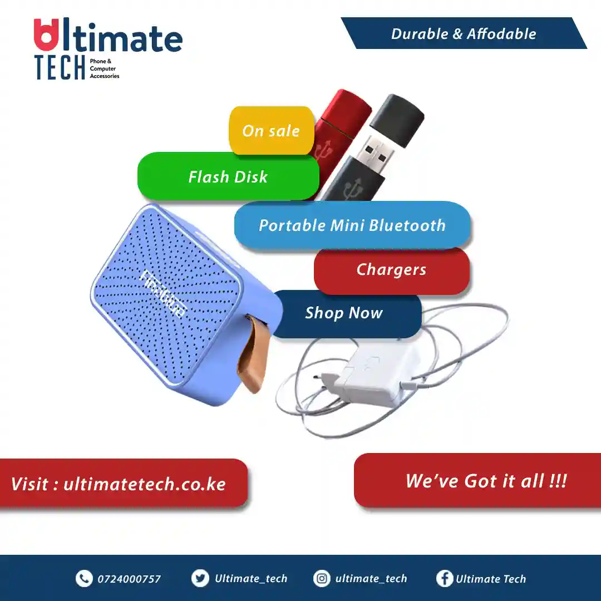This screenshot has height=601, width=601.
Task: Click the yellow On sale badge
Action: tap(272, 131)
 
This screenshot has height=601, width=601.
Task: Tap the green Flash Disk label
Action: tap(228, 176)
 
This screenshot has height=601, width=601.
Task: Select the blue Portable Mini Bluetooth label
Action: tap(352, 225)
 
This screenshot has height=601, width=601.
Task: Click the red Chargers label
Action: tap(391, 270)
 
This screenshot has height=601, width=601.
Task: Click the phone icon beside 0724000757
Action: tap(84, 578)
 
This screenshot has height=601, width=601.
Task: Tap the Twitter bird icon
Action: tap(200, 578)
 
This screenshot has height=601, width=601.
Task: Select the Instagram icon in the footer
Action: tap(322, 578)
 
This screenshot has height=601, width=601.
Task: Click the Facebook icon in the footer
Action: tap(445, 578)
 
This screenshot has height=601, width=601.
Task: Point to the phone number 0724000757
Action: tap(129, 579)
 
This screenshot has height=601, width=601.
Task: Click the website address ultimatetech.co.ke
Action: tap(145, 484)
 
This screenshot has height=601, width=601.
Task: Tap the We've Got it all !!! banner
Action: tap(477, 481)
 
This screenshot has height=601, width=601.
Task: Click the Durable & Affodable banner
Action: tap(464, 33)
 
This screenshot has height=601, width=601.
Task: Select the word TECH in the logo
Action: tap(60, 67)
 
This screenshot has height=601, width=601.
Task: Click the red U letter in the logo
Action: tap(46, 35)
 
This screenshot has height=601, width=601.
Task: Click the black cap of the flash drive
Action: tap(397, 120)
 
